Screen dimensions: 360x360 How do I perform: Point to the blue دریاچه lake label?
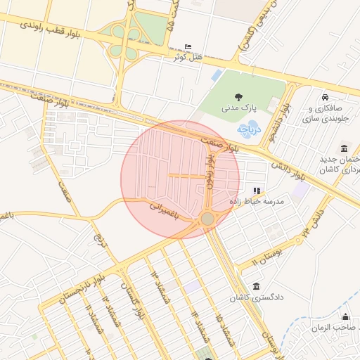click(x=250, y=128)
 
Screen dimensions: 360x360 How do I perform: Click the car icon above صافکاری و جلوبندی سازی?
click(x=324, y=97)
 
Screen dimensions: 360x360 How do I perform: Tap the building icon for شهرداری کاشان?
click(x=344, y=148)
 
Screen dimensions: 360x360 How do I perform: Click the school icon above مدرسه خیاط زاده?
click(x=257, y=190)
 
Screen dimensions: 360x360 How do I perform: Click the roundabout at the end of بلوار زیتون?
click(x=207, y=219)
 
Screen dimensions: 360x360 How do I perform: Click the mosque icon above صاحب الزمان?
click(x=345, y=316)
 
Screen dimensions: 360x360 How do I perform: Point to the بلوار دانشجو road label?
click(x=283, y=115)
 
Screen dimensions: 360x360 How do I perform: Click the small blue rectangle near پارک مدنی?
click(x=217, y=75)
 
